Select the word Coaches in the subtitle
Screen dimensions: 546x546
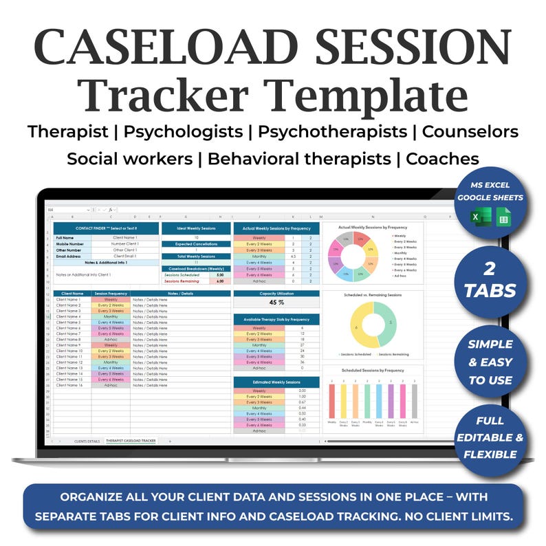tap(443, 159)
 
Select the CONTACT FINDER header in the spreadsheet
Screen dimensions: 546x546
tap(105, 228)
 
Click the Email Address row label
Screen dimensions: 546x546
tap(71, 256)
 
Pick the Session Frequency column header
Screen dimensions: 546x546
tap(110, 294)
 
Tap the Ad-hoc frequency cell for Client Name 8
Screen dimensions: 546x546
tap(110, 340)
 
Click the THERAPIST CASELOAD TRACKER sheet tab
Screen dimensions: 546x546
tap(131, 440)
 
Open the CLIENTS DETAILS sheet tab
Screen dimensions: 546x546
tap(87, 440)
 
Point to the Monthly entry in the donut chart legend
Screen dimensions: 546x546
tap(404, 253)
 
